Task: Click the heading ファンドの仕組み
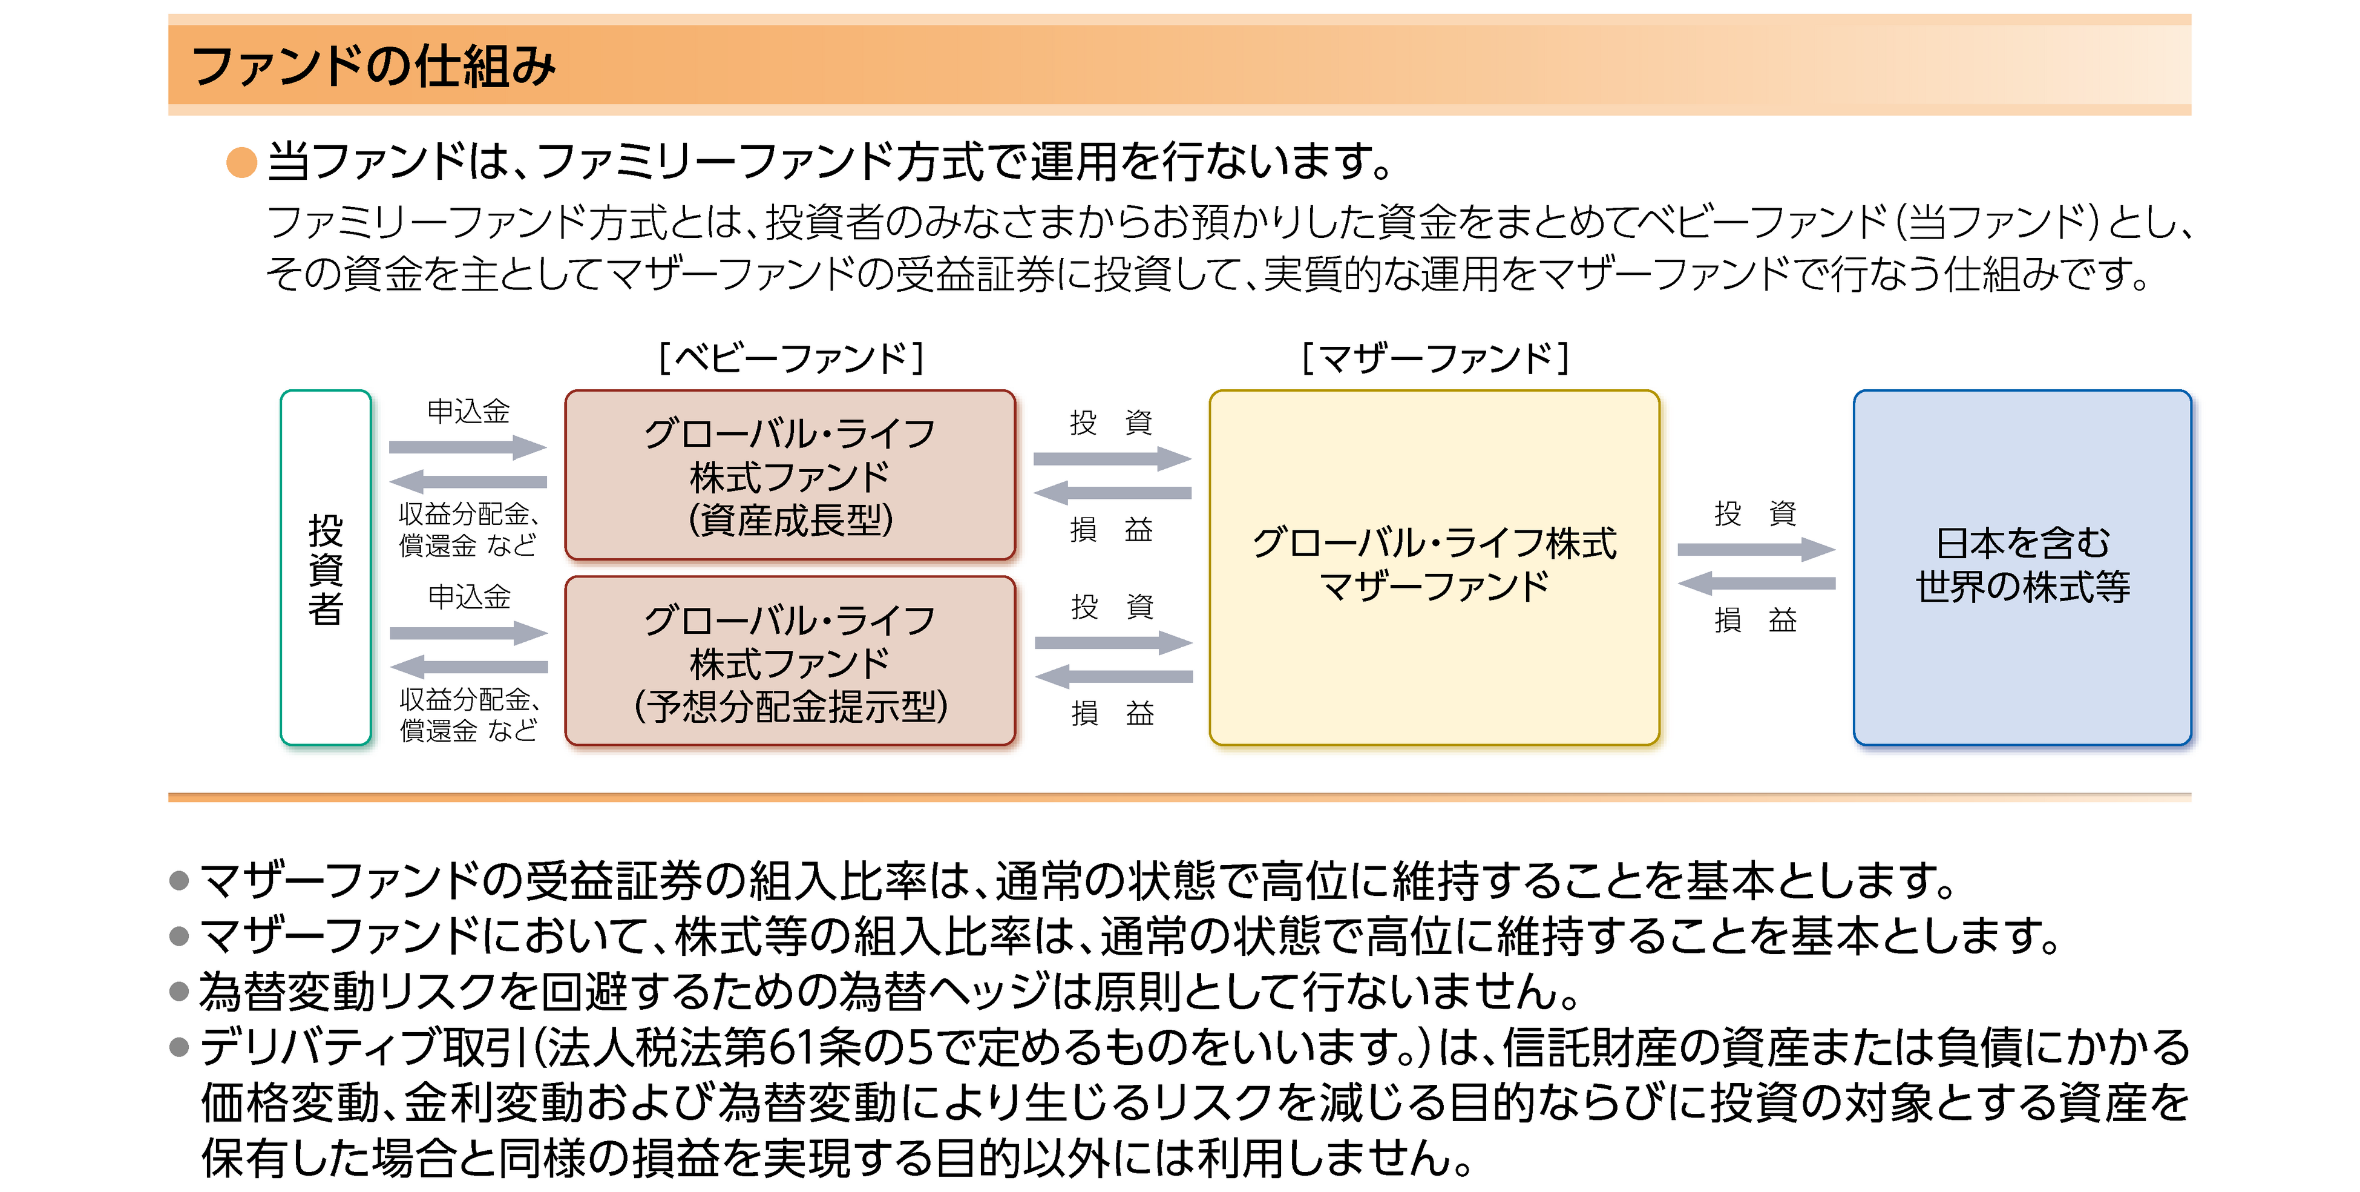click(x=374, y=66)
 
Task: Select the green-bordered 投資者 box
click(x=325, y=567)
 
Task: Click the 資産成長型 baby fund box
click(x=790, y=475)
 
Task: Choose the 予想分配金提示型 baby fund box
click(x=790, y=660)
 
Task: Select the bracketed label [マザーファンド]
click(x=1435, y=357)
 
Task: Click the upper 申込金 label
click(x=468, y=412)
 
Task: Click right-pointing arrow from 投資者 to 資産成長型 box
click(x=467, y=447)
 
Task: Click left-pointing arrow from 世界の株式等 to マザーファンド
click(x=1755, y=583)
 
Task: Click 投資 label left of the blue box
click(x=1754, y=513)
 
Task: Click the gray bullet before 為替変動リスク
click(x=180, y=992)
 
